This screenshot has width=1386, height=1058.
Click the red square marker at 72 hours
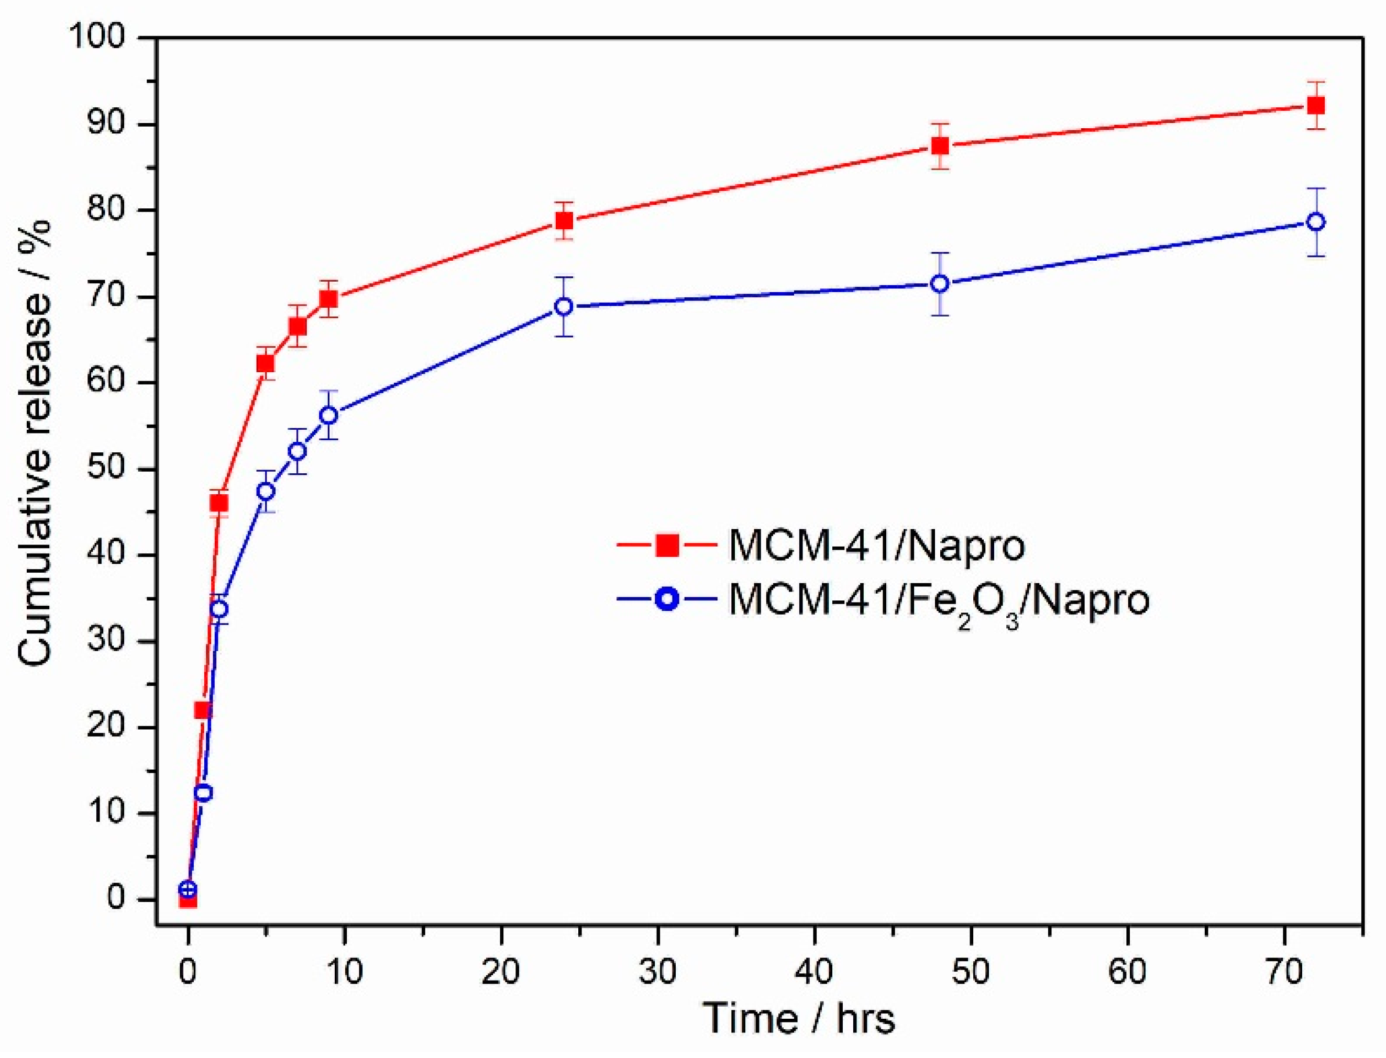[x=1315, y=105]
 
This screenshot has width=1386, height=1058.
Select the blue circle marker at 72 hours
[x=1315, y=221]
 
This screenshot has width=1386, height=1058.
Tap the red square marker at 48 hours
[x=940, y=146]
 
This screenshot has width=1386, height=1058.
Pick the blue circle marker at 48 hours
[x=940, y=284]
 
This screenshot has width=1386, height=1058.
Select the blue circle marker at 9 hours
[x=329, y=416]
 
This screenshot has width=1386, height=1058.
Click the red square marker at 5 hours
[x=266, y=363]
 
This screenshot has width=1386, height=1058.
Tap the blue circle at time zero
[x=188, y=889]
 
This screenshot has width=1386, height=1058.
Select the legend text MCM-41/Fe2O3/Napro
[x=939, y=599]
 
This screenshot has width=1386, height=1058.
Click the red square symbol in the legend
[x=667, y=545]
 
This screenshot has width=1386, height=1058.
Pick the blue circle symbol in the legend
[x=667, y=599]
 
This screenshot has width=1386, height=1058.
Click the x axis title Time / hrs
[x=799, y=1019]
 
